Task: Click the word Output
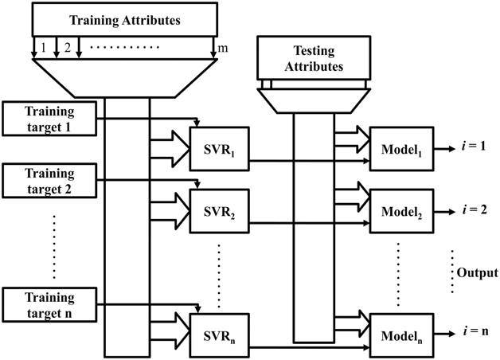(476, 272)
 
